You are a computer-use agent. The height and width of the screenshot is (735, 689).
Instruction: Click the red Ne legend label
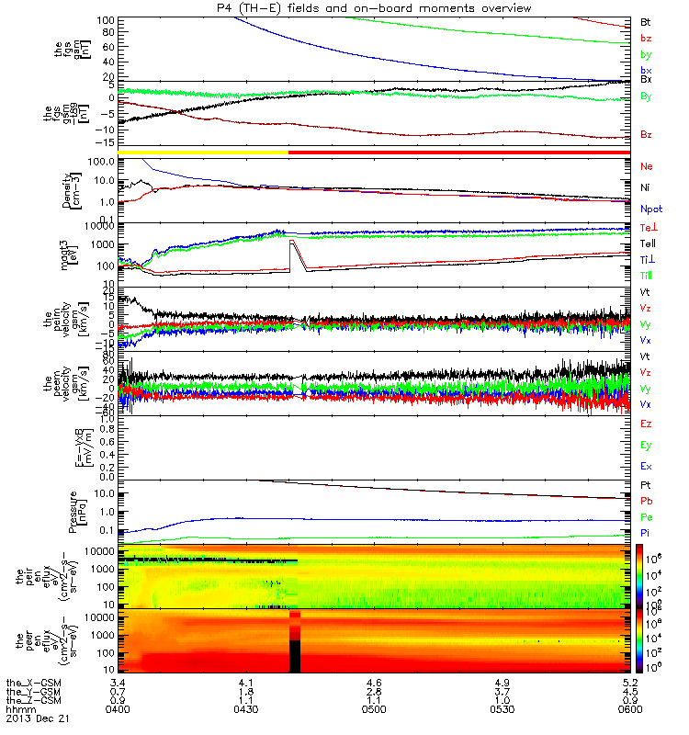coord(646,166)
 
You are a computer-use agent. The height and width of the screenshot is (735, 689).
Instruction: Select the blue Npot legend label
coord(649,209)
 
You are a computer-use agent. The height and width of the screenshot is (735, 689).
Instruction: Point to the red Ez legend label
coord(646,424)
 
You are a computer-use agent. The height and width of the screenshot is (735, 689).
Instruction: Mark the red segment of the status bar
coord(459,152)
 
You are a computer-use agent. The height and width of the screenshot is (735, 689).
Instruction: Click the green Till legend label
coord(647,275)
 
